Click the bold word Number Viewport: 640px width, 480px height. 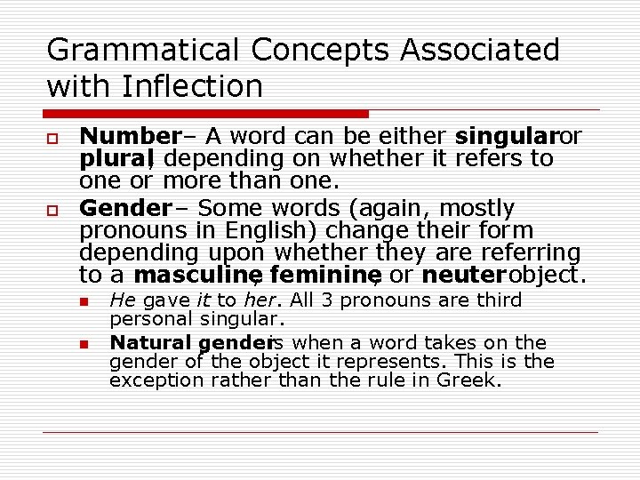tap(130, 137)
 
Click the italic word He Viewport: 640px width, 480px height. tap(122, 300)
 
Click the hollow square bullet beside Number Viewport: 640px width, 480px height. tap(52, 137)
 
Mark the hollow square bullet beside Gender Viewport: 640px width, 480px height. tap(52, 208)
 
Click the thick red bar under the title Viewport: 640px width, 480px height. tap(204, 114)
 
